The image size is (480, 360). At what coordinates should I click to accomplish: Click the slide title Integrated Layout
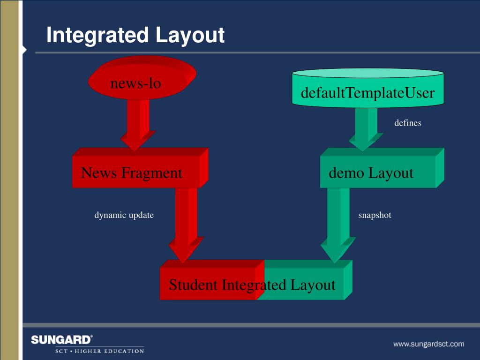135,36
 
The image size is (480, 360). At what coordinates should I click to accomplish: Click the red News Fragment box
136,172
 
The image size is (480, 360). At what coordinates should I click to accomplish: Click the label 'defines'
407,123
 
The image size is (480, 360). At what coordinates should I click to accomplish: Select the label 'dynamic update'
124,215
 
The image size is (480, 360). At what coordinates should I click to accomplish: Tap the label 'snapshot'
375,215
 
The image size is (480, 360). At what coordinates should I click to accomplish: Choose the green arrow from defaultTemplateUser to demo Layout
365,129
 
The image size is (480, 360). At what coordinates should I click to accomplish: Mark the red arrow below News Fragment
185,225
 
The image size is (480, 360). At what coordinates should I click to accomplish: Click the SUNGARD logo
62,339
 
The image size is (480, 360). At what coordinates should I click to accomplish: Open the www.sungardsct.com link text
428,344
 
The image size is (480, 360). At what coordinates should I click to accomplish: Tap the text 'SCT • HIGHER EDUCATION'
99,351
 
